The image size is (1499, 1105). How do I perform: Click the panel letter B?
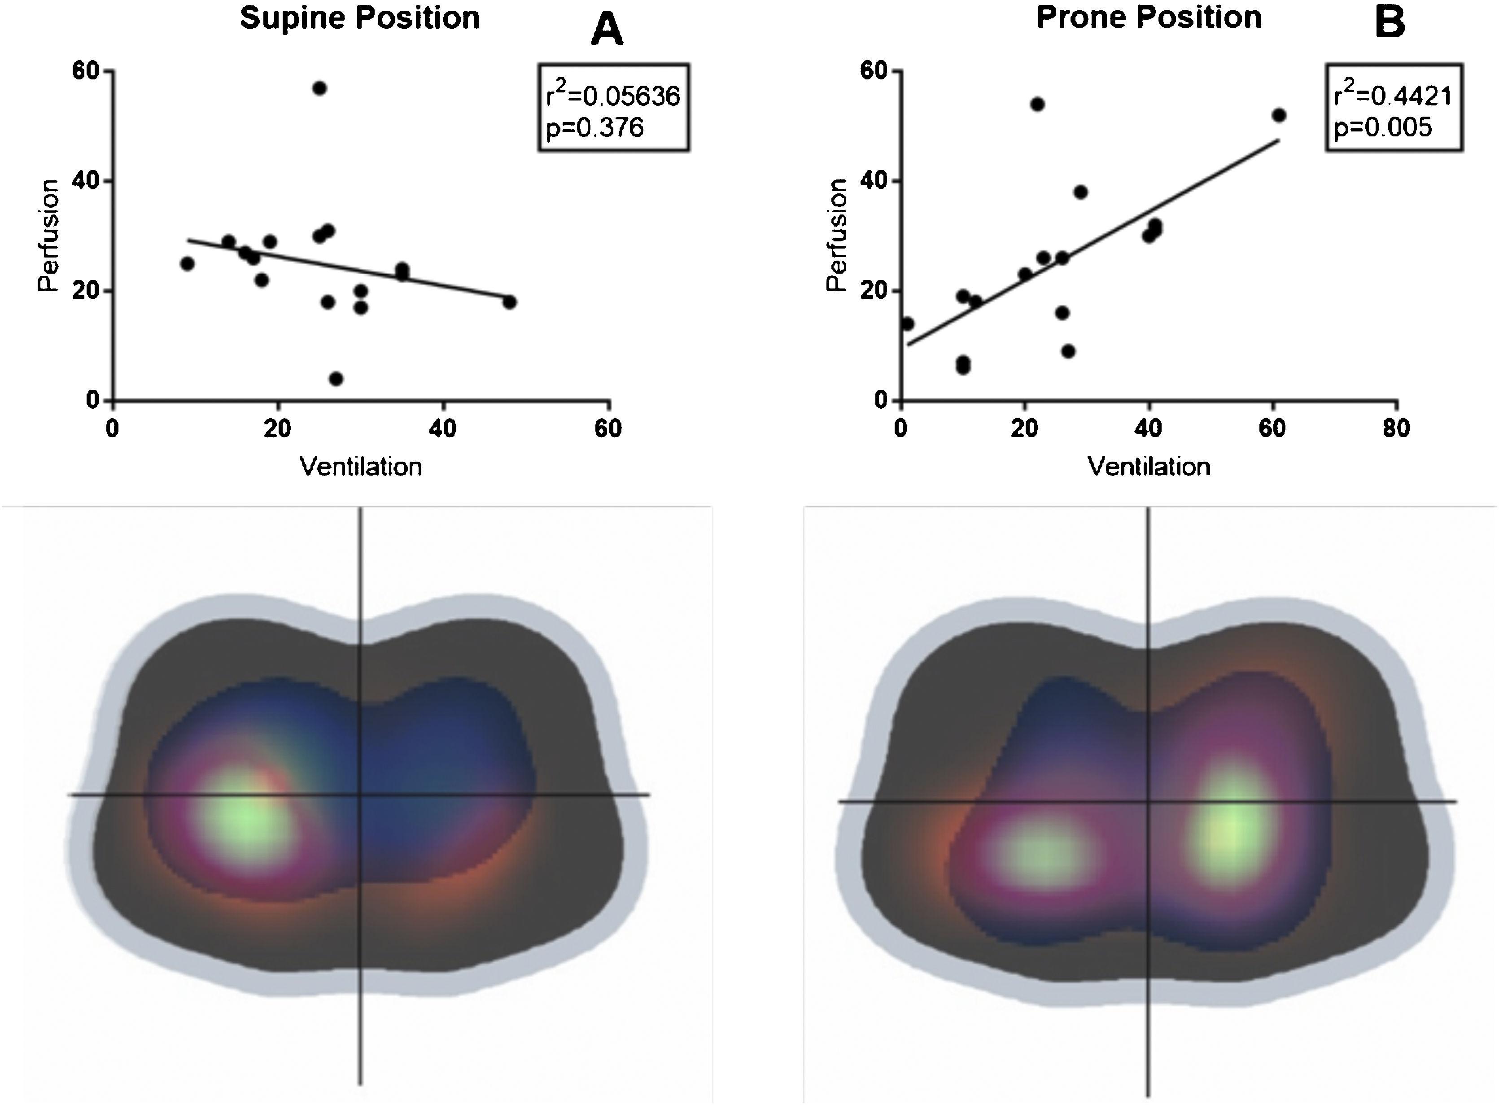(x=1390, y=23)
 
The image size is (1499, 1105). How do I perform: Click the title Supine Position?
(x=360, y=18)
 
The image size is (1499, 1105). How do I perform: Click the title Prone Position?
(x=1149, y=17)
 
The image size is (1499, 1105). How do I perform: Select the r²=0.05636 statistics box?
(x=613, y=108)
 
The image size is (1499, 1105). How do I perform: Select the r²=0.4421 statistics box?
(x=1394, y=108)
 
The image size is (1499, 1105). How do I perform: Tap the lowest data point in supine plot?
(x=336, y=379)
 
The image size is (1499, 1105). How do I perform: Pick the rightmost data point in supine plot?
(x=510, y=301)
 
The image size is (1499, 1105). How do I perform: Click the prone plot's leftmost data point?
(x=907, y=324)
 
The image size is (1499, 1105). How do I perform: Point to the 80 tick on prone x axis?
(x=1396, y=428)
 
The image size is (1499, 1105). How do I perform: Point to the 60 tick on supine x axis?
(x=608, y=428)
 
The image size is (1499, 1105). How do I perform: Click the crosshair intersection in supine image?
(x=361, y=795)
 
